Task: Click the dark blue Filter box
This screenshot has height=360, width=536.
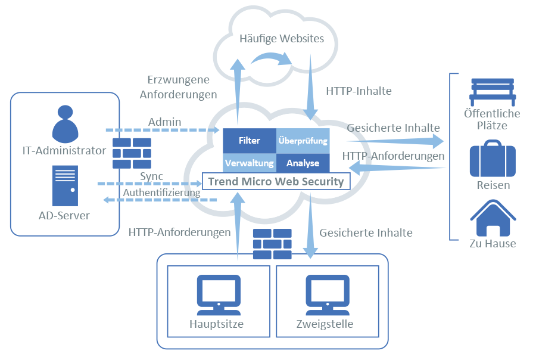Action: point(249,141)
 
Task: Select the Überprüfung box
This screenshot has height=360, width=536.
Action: point(303,141)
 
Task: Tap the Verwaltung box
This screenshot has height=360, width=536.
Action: point(249,163)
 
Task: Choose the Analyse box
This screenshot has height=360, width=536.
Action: point(303,163)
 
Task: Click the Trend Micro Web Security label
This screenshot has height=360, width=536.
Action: point(275,181)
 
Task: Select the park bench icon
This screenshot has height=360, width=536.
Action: point(492,91)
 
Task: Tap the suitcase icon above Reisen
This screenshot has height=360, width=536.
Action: point(492,159)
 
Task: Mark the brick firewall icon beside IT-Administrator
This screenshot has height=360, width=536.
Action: point(132,153)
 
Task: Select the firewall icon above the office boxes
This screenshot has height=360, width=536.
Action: point(272,244)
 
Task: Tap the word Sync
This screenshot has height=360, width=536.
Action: point(151,176)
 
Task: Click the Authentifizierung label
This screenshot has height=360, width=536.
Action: point(161,193)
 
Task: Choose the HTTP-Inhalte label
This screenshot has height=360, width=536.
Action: point(359,91)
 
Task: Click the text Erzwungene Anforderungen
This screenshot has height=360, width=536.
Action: point(177,86)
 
